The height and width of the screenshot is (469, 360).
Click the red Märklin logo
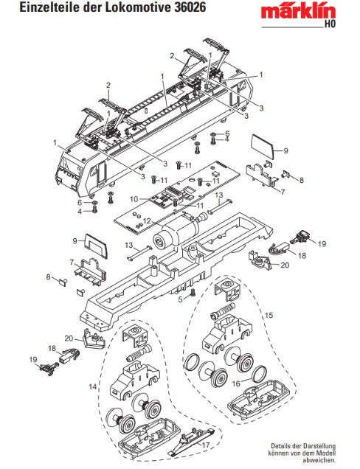point(298,12)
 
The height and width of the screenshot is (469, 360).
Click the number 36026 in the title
point(190,7)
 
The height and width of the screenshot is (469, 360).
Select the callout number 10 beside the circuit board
point(134,199)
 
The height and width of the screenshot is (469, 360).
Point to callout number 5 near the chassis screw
point(180,299)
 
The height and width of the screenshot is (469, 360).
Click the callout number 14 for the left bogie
point(93,386)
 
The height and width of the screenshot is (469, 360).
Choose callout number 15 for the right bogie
point(269,316)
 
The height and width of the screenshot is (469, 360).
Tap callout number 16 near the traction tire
point(236,383)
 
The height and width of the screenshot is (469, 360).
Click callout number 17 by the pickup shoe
point(206,445)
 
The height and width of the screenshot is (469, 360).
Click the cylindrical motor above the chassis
point(176,233)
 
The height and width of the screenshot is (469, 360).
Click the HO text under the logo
point(330,24)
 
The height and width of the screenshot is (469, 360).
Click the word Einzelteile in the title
point(46,7)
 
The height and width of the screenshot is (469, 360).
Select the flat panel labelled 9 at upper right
point(262,147)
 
